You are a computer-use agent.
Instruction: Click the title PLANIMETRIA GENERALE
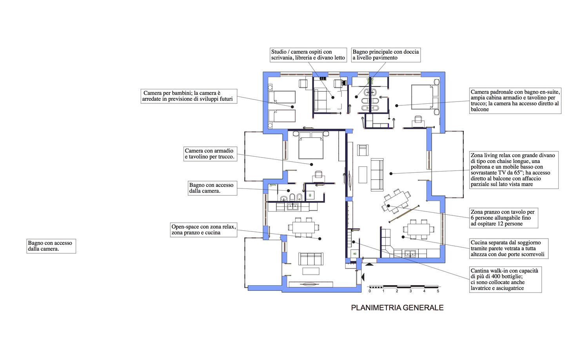pos(397,308)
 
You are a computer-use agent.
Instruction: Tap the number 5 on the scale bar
pos(438,291)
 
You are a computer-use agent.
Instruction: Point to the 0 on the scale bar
pos(370,291)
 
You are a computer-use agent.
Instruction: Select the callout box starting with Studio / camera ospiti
pos(308,55)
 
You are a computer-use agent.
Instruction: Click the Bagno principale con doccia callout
pos(386,55)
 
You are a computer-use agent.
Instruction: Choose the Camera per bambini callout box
pos(189,96)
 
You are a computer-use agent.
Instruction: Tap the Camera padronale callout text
pos(515,101)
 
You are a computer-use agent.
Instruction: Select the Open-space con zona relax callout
pos(203,230)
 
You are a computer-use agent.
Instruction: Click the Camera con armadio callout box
pos(210,154)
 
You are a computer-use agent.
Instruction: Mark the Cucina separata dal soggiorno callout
pos(509,248)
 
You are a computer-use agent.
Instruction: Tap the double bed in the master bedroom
pos(421,96)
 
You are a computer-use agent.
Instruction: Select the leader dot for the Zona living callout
pos(391,174)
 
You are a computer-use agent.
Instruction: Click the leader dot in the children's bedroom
pos(292,107)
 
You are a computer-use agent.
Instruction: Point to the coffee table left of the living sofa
pos(363,174)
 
